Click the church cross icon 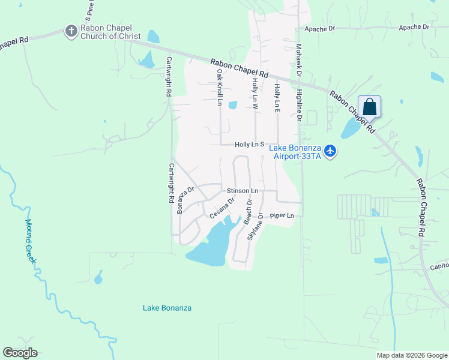71,31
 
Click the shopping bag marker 369,107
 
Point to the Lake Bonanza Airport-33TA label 294,152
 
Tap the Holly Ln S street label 250,145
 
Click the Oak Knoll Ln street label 220,88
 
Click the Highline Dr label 298,105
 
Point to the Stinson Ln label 243,191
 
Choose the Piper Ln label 282,215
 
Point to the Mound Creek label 31,240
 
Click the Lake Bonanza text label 167,308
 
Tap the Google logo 20,353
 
